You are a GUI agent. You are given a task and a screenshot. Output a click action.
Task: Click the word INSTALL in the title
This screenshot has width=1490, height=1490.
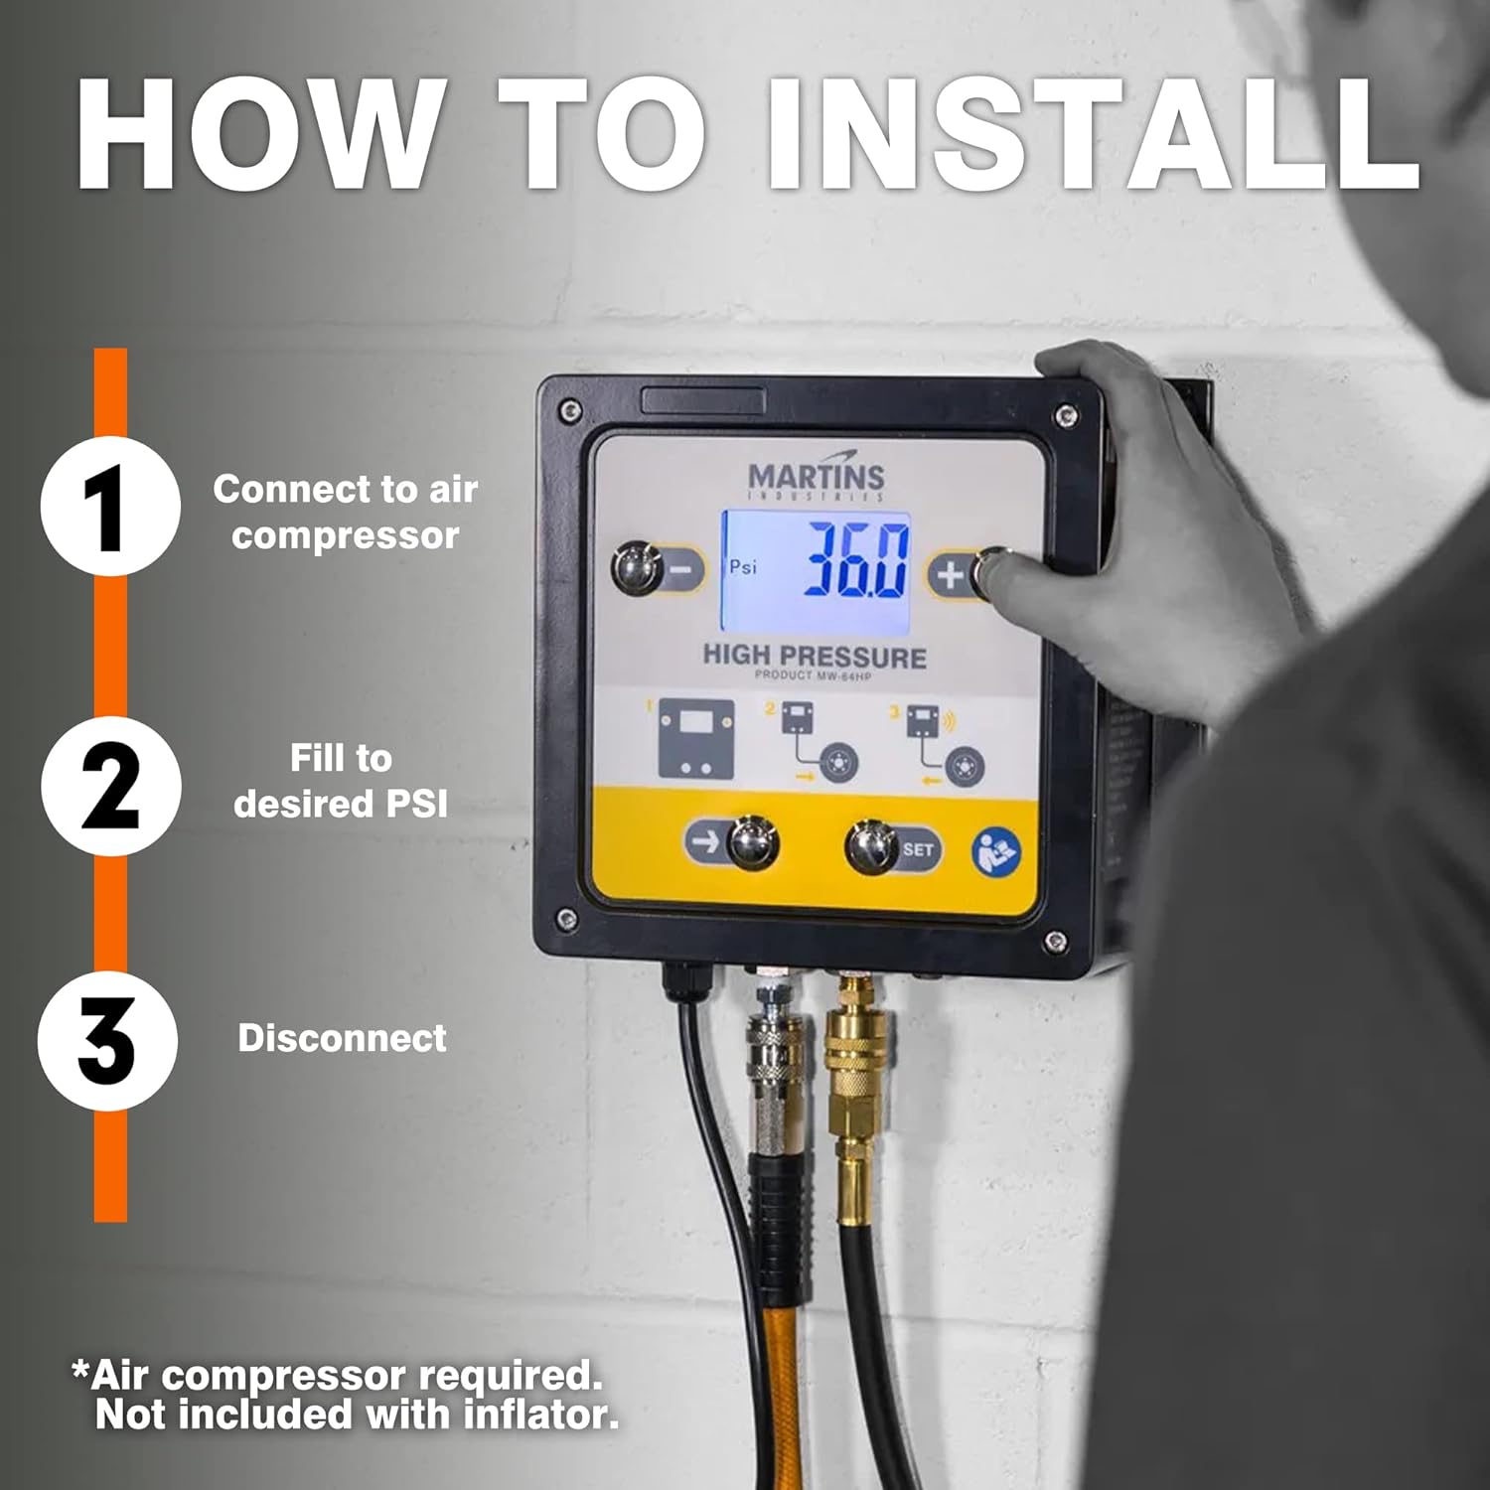(x=1093, y=134)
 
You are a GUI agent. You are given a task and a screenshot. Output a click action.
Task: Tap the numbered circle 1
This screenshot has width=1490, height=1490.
(x=110, y=507)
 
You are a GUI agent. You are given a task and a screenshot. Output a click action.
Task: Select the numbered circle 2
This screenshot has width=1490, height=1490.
(x=110, y=786)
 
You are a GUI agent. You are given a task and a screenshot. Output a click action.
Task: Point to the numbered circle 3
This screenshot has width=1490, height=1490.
(x=107, y=1040)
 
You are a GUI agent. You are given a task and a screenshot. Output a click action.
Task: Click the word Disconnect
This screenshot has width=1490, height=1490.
(x=342, y=1038)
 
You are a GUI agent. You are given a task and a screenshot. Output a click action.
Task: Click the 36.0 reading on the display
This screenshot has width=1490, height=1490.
(x=856, y=561)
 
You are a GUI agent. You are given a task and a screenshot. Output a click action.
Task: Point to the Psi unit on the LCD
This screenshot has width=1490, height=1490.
(x=742, y=566)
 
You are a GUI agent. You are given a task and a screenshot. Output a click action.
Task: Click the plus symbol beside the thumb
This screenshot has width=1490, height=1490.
(x=950, y=574)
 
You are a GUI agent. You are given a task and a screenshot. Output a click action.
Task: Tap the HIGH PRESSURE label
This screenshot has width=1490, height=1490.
(x=815, y=657)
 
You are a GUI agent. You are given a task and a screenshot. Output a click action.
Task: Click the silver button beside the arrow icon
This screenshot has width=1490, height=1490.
(x=752, y=842)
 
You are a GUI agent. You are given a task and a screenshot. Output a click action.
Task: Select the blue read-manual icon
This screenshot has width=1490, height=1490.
(x=995, y=851)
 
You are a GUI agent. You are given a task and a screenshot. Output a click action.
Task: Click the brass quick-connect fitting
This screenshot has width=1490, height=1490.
(x=849, y=1053)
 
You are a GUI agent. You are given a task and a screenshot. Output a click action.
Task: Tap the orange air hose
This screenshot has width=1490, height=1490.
(x=770, y=1391)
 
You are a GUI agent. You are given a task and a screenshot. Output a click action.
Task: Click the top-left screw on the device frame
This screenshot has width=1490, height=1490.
(x=570, y=409)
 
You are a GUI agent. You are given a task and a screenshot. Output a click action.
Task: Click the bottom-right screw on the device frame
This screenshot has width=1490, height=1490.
(x=1057, y=940)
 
